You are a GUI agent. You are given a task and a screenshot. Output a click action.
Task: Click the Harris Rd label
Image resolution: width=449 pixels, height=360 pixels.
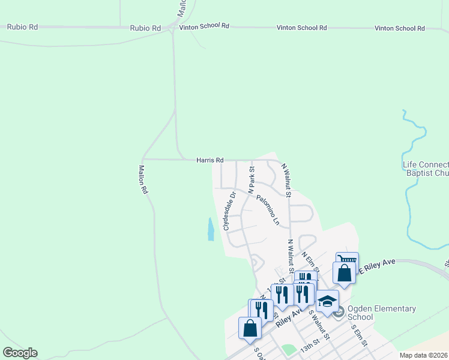click(x=209, y=160)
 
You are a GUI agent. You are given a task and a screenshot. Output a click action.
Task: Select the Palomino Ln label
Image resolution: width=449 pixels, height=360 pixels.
click(x=268, y=210)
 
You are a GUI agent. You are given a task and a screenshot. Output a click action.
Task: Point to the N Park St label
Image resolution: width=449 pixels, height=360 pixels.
click(x=252, y=179)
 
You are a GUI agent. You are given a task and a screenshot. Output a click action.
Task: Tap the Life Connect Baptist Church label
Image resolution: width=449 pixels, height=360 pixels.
click(x=426, y=169)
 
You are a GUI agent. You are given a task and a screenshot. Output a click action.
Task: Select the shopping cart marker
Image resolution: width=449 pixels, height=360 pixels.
click(x=346, y=262)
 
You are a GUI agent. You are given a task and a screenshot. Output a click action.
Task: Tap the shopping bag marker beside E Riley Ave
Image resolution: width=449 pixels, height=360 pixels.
click(x=344, y=273)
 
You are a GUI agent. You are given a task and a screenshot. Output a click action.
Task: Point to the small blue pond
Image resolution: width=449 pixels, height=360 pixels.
click(x=211, y=229)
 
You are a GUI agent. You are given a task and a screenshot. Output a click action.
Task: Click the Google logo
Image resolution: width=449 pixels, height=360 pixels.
click(x=20, y=353)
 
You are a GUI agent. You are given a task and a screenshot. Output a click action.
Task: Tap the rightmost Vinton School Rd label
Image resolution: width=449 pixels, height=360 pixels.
click(x=400, y=28)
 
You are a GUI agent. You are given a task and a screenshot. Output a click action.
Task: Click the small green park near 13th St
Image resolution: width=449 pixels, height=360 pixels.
click(x=289, y=349)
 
